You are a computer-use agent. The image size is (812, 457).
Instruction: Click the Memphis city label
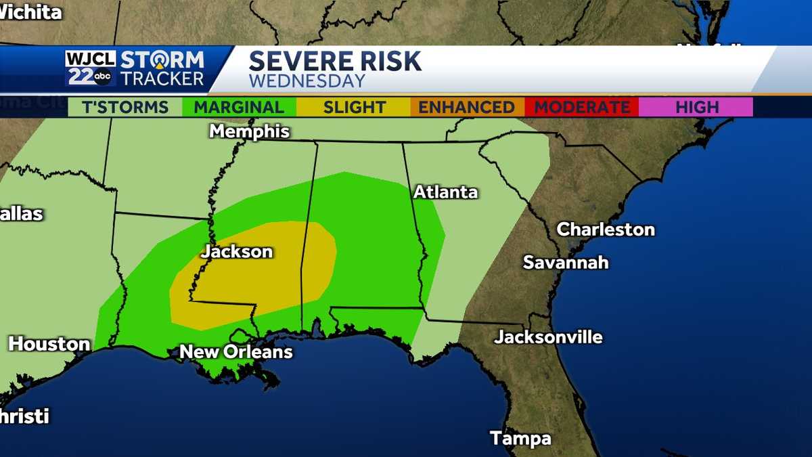click(x=249, y=131)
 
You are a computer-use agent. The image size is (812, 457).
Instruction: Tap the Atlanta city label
click(x=445, y=192)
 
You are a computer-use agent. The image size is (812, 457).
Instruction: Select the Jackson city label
click(x=237, y=252)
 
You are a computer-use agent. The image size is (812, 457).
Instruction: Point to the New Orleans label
click(x=235, y=351)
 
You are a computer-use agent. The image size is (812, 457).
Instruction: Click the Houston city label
click(x=49, y=344)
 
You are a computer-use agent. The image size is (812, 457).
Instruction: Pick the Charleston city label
click(x=605, y=230)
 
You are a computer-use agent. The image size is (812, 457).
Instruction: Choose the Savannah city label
click(x=566, y=262)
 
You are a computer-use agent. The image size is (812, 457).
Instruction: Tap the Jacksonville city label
click(x=548, y=336)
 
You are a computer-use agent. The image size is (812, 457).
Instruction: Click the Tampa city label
click(x=520, y=438)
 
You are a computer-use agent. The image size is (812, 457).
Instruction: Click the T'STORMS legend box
click(x=125, y=107)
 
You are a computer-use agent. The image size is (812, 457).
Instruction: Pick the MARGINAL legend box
click(x=239, y=107)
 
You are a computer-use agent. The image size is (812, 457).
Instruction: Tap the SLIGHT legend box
click(x=354, y=107)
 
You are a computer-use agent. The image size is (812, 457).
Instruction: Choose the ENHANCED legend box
click(x=466, y=107)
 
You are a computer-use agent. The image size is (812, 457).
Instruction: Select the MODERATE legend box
click(x=582, y=107)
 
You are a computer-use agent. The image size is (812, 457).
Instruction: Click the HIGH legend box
click(x=696, y=107)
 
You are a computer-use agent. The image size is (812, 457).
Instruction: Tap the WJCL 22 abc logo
click(x=90, y=68)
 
